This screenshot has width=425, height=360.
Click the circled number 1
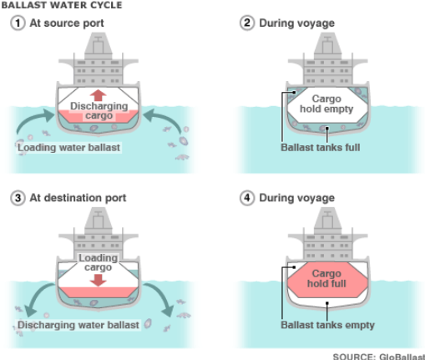(x=15, y=23)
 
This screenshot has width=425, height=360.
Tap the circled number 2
(x=245, y=23)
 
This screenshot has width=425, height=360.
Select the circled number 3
(x=15, y=198)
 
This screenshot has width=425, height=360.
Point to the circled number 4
(x=245, y=198)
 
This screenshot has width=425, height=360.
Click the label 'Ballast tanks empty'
(x=327, y=325)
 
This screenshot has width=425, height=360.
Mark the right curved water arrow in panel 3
(x=165, y=301)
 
